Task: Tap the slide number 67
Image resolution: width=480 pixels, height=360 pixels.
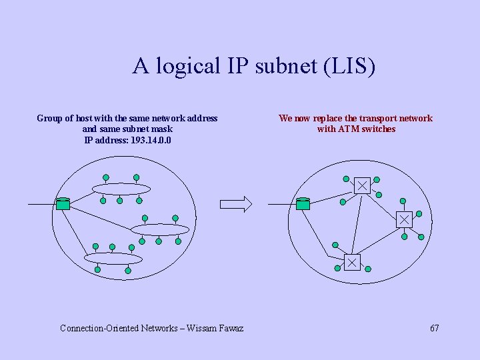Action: coord(435,328)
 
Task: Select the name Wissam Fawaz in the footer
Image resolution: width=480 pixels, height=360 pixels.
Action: coord(215,328)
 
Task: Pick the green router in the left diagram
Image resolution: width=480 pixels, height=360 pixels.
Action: coord(63,204)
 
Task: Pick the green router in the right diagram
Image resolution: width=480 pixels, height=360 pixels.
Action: coord(303,203)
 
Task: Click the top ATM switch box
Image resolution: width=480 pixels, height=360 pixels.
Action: coord(362,185)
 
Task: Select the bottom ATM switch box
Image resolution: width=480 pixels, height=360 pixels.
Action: coord(351,263)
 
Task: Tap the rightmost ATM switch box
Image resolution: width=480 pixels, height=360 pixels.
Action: coord(404,219)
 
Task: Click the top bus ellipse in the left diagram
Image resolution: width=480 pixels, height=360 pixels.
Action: coord(121,189)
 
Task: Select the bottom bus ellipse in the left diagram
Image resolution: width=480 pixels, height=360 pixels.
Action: coord(113,258)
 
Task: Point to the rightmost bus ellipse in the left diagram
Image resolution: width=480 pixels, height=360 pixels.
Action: coord(160,230)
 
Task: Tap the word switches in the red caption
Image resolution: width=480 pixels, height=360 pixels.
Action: coord(378,129)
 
